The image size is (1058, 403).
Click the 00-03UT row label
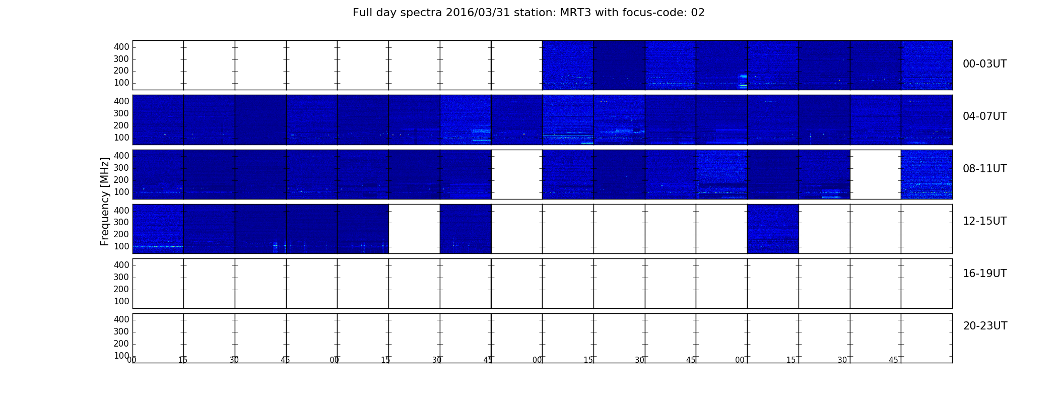point(985,64)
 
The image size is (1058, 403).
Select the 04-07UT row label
point(985,116)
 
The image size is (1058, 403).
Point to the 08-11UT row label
point(985,169)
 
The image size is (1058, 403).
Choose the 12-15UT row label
point(985,221)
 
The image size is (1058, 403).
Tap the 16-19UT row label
point(985,274)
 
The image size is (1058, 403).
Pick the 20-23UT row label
point(985,326)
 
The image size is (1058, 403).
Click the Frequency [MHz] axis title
point(105,201)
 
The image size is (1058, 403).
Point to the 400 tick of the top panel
point(121,47)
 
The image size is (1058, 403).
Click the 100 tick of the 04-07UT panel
point(121,138)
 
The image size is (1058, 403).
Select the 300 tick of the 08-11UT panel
point(121,168)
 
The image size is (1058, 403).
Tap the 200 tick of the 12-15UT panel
point(121,234)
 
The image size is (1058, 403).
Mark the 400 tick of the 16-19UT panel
point(121,265)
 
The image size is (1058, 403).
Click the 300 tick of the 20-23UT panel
point(121,331)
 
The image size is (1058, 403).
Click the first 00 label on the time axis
point(132,360)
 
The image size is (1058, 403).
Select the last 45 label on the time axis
point(893,360)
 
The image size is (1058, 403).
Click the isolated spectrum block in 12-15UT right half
point(773,229)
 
